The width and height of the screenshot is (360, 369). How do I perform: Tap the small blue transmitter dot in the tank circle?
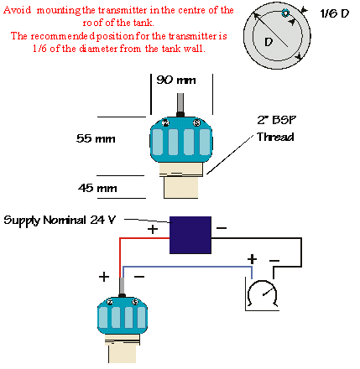click(286, 14)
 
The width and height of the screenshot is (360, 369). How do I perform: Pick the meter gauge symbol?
click(262, 295)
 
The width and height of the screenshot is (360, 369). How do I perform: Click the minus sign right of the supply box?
click(221, 228)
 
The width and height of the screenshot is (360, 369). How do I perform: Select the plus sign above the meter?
click(250, 261)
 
